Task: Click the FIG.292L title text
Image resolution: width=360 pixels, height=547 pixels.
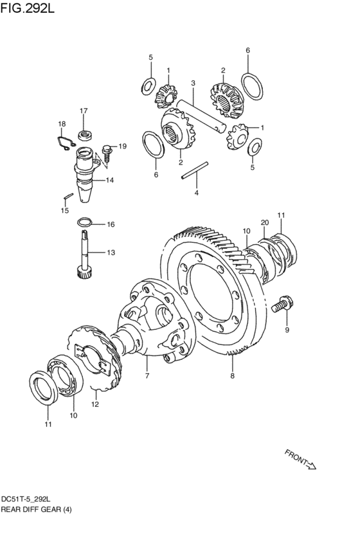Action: pyautogui.click(x=28, y=8)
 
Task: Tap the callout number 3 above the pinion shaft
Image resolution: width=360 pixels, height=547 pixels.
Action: pyautogui.click(x=193, y=83)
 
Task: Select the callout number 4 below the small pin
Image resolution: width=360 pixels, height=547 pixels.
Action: pyautogui.click(x=197, y=193)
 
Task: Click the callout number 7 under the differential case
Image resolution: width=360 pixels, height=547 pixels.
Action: pyautogui.click(x=147, y=376)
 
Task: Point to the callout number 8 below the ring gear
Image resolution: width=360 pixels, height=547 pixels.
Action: pyautogui.click(x=232, y=376)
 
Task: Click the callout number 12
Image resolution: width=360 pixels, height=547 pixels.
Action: pyautogui.click(x=95, y=404)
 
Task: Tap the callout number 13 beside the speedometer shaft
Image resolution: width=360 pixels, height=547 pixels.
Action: pyautogui.click(x=111, y=252)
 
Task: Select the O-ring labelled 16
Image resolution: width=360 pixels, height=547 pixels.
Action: pyautogui.click(x=84, y=222)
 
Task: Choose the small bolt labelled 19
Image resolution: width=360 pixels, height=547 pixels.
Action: pyautogui.click(x=107, y=153)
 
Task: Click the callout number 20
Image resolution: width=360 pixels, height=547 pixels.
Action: pyautogui.click(x=265, y=222)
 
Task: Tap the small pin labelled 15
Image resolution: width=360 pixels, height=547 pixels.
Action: pyautogui.click(x=68, y=197)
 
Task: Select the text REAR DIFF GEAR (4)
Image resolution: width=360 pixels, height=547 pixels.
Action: pyautogui.click(x=36, y=509)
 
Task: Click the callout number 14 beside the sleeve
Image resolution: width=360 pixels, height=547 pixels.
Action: pyautogui.click(x=110, y=181)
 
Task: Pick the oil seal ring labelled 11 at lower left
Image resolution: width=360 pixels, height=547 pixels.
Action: pyautogui.click(x=44, y=388)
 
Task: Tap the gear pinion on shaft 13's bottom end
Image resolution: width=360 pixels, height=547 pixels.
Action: pyautogui.click(x=84, y=272)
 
